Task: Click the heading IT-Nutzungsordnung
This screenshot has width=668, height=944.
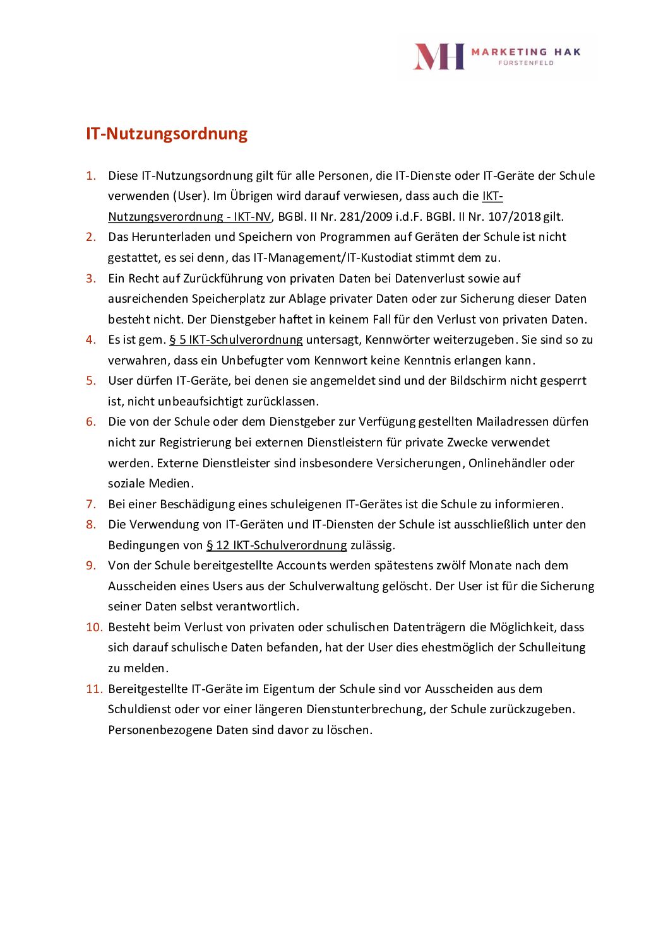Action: click(167, 134)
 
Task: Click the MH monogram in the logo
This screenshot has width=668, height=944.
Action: click(439, 57)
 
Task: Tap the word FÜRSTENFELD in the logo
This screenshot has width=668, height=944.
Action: click(526, 63)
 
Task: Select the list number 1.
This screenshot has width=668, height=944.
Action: click(91, 175)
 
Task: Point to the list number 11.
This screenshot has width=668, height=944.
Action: click(94, 689)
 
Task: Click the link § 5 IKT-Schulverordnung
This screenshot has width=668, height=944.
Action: click(236, 340)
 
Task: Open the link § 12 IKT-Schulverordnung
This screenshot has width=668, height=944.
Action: click(277, 545)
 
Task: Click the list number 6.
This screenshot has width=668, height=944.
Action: click(91, 422)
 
